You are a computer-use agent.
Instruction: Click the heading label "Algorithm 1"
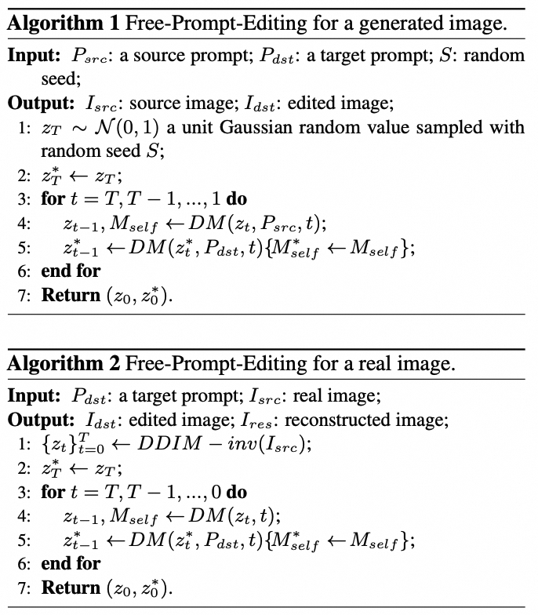[61, 24]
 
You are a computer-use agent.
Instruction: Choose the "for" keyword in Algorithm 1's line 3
[53, 198]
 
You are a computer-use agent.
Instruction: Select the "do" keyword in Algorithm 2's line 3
[236, 492]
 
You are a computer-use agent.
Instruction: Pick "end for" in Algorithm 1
[71, 271]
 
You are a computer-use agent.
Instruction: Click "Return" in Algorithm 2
[71, 588]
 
